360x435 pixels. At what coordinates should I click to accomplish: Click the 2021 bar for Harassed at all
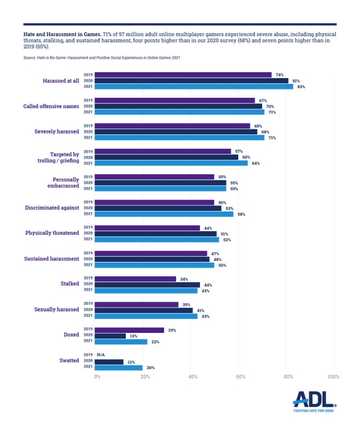click(194, 87)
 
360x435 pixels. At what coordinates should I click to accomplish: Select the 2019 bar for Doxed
click(129, 330)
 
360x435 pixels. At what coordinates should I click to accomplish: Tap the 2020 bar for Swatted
click(109, 361)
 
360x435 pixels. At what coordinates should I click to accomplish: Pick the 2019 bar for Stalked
click(135, 279)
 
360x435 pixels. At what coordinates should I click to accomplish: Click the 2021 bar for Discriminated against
click(164, 214)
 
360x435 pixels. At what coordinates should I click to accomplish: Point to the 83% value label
click(301, 87)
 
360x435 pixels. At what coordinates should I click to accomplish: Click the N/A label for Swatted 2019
click(101, 354)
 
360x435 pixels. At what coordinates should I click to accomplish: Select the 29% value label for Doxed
click(172, 330)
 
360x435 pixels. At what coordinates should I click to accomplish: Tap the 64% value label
click(255, 163)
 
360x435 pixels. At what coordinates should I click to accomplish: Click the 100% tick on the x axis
click(333, 377)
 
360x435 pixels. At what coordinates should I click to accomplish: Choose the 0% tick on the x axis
click(97, 377)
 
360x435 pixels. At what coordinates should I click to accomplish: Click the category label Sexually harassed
click(56, 310)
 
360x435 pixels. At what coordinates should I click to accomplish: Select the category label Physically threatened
click(52, 233)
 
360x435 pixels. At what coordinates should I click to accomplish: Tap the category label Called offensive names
click(51, 106)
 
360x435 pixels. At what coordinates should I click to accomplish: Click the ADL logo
click(314, 398)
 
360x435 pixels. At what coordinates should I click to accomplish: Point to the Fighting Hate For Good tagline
click(314, 410)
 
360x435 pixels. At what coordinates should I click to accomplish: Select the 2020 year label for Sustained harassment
click(88, 259)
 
